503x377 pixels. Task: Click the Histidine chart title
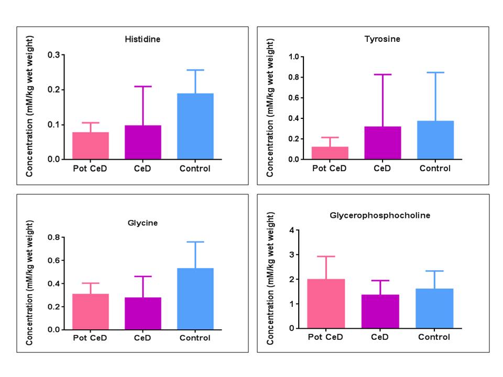click(143, 39)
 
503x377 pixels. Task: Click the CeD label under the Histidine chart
click(143, 169)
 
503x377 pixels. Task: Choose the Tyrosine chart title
click(382, 39)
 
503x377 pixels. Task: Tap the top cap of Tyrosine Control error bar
click(435, 72)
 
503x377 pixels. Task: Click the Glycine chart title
click(143, 223)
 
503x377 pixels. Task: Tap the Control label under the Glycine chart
click(195, 338)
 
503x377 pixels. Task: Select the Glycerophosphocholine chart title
click(382, 215)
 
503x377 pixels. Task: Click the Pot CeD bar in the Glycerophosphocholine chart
click(330, 304)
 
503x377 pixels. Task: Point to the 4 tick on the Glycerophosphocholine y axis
click(294, 230)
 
